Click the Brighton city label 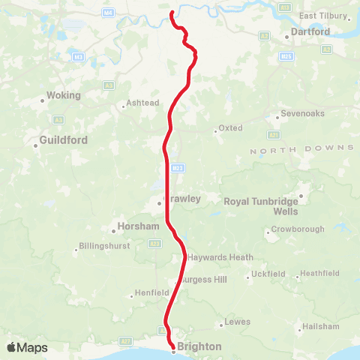pos(199,346)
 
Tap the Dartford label pos(310,31)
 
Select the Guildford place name pos(63,140)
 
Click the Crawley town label pos(183,199)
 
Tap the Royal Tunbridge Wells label pos(262,205)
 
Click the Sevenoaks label pos(301,114)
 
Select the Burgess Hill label pos(205,280)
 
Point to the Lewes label pos(238,322)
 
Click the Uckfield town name pos(269,274)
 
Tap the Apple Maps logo pos(27,347)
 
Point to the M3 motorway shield pos(79,56)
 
